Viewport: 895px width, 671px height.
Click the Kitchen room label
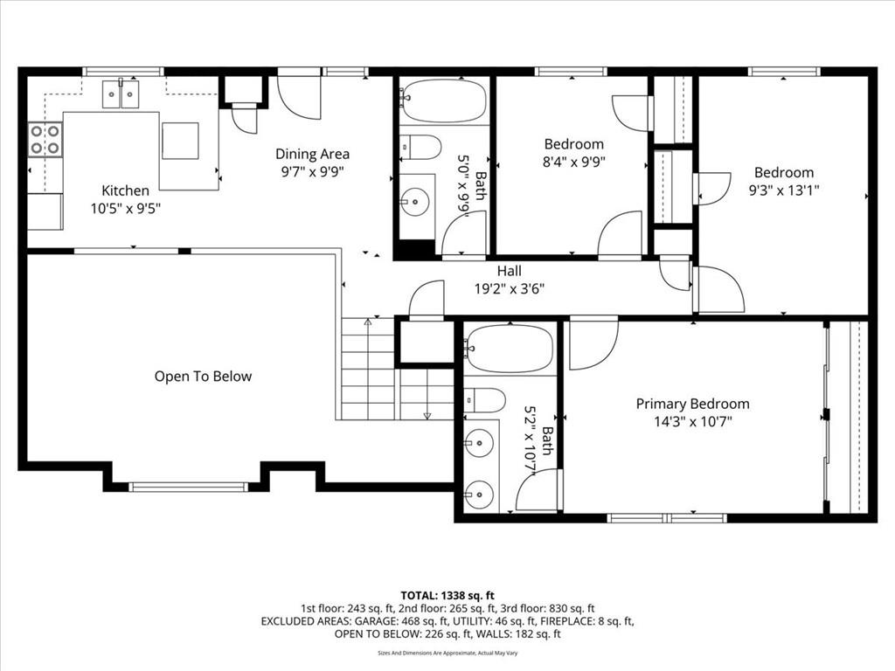click(x=126, y=190)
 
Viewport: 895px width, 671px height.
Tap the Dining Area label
click(x=312, y=154)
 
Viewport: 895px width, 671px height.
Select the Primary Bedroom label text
click(x=692, y=404)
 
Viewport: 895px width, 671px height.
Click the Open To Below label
click(x=203, y=377)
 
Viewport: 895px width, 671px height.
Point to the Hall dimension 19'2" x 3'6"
click(x=510, y=288)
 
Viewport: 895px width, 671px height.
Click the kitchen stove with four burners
click(x=45, y=140)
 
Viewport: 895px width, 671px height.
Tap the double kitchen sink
click(x=121, y=94)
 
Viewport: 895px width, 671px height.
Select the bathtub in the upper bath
click(x=443, y=100)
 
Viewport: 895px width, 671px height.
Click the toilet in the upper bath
click(x=420, y=147)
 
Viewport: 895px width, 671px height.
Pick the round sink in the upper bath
click(x=415, y=201)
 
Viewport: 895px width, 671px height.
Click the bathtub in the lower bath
click(x=510, y=349)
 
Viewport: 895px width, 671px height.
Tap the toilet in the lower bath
click(x=484, y=400)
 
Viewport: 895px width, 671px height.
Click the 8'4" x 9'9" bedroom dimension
click(x=573, y=162)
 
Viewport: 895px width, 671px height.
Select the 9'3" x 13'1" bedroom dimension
click(x=784, y=190)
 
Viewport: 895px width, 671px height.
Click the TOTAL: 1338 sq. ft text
click(x=447, y=596)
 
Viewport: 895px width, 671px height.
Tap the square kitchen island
click(x=180, y=141)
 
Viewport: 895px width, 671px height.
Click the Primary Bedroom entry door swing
click(x=593, y=346)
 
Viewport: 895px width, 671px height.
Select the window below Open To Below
click(x=189, y=487)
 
